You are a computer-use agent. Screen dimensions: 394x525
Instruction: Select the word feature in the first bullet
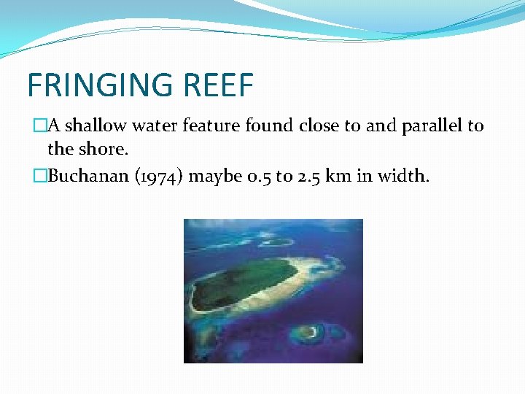(x=211, y=125)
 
